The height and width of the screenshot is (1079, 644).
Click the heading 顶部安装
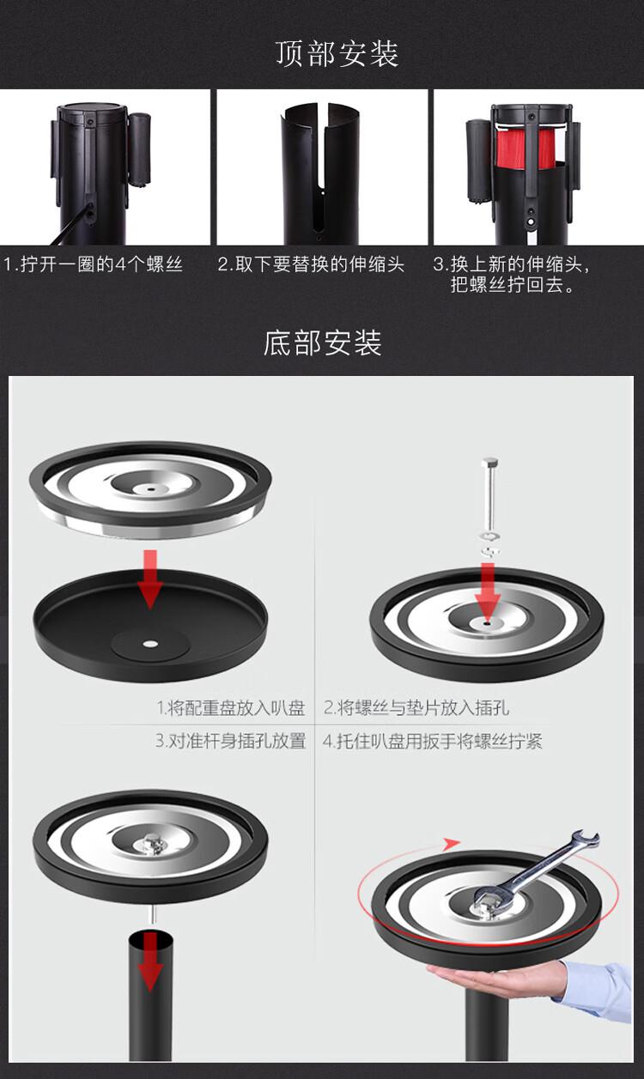(337, 53)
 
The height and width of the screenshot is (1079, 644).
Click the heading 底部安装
(322, 342)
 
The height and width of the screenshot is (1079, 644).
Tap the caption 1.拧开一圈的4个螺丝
(94, 264)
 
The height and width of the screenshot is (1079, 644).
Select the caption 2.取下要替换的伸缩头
(311, 264)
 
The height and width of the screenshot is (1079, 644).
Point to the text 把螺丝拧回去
(507, 285)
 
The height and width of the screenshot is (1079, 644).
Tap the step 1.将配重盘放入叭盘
(231, 707)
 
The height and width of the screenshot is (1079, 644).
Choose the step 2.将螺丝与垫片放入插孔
(416, 707)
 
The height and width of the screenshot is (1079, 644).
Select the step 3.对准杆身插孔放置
(231, 741)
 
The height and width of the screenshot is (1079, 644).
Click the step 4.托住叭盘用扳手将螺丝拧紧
(433, 741)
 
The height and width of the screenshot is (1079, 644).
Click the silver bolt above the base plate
(489, 493)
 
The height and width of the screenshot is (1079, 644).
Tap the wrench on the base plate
(535, 872)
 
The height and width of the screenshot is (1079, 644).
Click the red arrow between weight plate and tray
(150, 578)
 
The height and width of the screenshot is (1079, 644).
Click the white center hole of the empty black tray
(150, 644)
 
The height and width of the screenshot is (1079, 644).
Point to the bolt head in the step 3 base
(152, 844)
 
